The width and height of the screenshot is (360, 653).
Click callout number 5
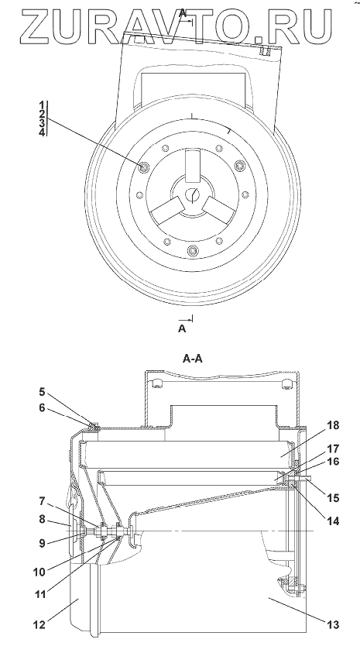[43, 392]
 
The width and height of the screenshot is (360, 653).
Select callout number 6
[43, 408]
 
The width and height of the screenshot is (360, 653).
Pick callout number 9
[43, 543]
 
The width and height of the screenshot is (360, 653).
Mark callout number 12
[40, 625]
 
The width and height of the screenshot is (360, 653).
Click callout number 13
[333, 625]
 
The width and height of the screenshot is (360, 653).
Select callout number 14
[333, 521]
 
